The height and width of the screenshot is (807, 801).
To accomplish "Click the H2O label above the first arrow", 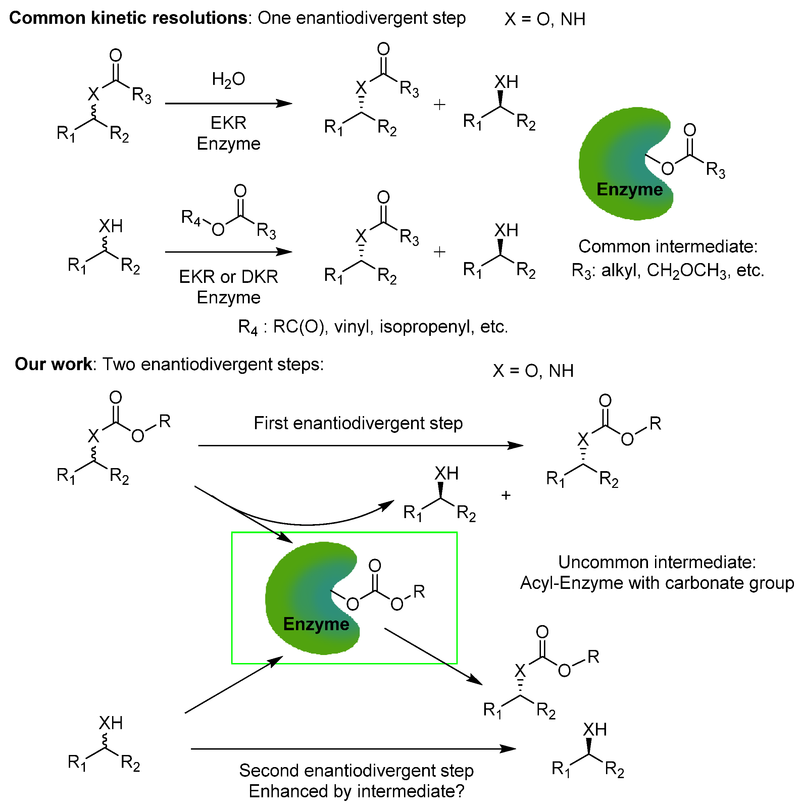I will point(228,80).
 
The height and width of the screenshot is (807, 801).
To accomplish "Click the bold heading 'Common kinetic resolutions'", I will point(128,18).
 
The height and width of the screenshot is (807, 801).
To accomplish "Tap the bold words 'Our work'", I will point(53,364).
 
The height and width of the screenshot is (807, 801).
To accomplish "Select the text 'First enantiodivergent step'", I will point(358,423).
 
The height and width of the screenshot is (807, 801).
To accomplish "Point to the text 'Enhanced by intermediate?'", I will point(356,791).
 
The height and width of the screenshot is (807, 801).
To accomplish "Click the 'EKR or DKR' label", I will point(229,276).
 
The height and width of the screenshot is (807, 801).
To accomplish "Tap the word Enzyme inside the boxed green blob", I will point(316,624).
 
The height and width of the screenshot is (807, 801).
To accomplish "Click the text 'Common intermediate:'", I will point(667,246).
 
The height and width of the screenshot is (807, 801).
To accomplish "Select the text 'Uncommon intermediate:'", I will point(657,562).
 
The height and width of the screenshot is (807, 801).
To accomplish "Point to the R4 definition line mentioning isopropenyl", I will point(372,326).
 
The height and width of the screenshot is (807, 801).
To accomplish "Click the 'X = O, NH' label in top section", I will point(545,19).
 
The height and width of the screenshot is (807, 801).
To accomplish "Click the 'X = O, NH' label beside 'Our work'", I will point(533,371).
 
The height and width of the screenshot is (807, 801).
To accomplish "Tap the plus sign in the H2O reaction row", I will point(439,104).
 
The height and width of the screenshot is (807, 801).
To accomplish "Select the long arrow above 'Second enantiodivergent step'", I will point(353,749).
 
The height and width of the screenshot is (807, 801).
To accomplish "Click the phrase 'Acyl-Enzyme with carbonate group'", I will point(656,583).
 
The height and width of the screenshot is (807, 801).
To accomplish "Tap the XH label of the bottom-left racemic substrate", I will point(111,723).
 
